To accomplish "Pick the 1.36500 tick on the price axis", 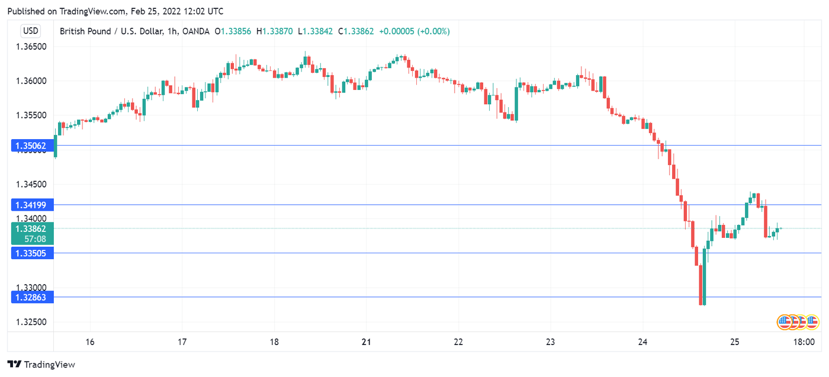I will [30, 46].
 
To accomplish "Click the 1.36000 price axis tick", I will [30, 81].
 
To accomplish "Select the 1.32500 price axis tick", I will [30, 323].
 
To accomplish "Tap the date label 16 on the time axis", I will [90, 342].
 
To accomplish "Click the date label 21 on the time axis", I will [367, 342].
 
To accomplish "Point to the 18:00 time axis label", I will [804, 342].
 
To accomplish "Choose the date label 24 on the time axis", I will [643, 342].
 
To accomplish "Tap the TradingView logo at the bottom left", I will [41, 365].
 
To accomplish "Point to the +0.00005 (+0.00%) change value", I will [414, 31].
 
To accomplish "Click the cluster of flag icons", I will [798, 322].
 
